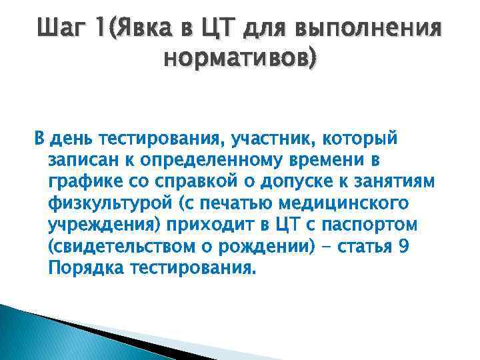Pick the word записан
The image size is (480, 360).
click(x=81, y=161)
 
